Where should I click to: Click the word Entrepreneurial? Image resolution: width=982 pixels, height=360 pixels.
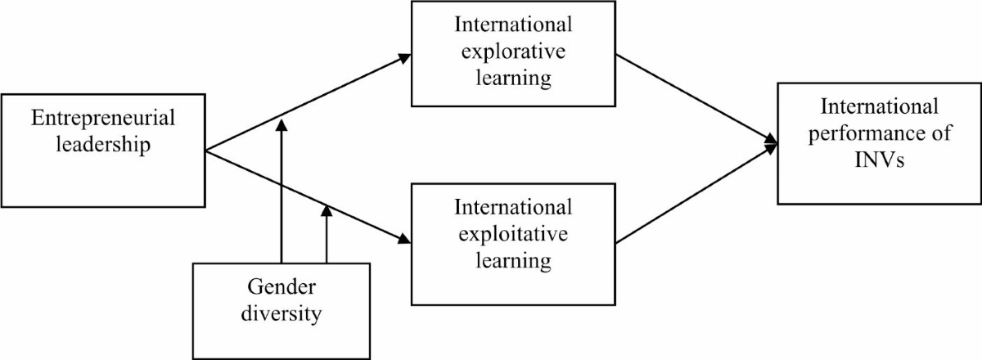click(103, 118)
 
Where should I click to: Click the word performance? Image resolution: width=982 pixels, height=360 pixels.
click(869, 135)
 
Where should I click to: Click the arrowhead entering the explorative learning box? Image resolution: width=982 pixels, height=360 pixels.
click(404, 58)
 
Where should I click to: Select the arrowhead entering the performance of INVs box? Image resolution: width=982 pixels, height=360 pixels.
click(771, 144)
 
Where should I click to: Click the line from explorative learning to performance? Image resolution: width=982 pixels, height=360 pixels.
click(696, 98)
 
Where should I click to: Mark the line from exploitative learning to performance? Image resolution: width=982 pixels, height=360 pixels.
click(696, 195)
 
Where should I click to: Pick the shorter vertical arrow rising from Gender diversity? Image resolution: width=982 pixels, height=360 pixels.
click(327, 237)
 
